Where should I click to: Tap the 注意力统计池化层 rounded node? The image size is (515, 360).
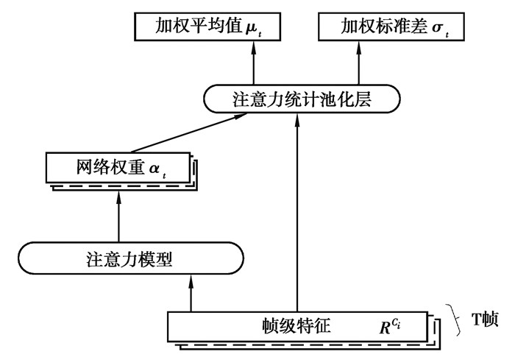tap(300, 99)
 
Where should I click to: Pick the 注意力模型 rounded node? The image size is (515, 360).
tap(129, 258)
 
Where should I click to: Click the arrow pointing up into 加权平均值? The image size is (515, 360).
tap(252, 63)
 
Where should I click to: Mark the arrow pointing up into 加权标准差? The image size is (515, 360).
tap(359, 63)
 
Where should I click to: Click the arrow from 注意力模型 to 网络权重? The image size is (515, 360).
tap(118, 216)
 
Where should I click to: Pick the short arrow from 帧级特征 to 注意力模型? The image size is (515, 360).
tap(190, 292)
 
